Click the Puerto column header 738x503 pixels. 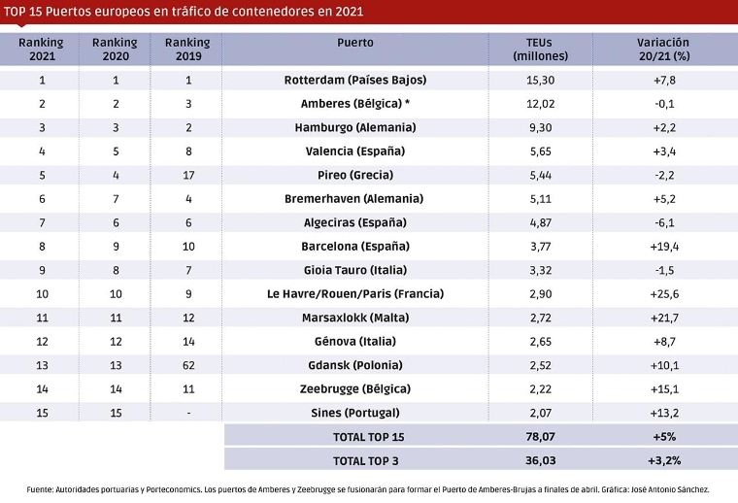click(354, 43)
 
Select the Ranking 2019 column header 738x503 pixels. click(187, 49)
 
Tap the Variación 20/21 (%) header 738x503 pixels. click(663, 49)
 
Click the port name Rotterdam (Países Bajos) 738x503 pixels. click(354, 80)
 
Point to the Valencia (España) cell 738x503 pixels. click(354, 151)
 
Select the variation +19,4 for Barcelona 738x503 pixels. click(664, 246)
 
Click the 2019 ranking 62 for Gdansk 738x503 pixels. click(187, 364)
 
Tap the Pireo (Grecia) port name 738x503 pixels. click(354, 175)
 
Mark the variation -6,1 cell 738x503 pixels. click(664, 222)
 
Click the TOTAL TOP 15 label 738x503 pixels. click(368, 436)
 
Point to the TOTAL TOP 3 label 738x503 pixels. click(368, 460)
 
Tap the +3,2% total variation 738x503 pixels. click(664, 460)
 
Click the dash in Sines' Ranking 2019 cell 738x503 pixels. click(187, 412)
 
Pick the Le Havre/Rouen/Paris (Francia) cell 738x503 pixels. click(354, 293)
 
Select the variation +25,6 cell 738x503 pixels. click(664, 293)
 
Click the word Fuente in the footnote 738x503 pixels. click(41, 489)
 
